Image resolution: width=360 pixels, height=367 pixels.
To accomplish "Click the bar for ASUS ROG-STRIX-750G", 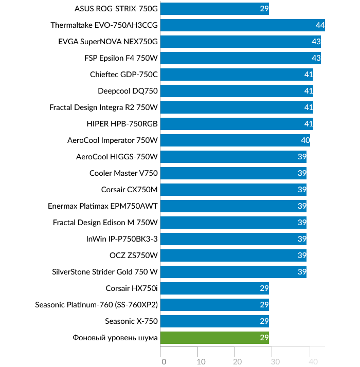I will [x=214, y=9].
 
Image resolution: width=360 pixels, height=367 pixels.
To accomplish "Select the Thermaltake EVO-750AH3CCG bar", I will [x=242, y=25].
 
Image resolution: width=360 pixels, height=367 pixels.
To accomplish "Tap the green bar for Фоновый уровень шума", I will [x=214, y=338].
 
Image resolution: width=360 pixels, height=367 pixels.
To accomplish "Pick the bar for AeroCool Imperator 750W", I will [x=235, y=140].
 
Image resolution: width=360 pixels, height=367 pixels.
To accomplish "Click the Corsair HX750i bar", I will [x=214, y=288].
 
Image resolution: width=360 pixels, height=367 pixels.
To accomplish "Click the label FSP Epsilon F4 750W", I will [x=121, y=58].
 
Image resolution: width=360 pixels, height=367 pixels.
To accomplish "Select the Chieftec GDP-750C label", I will [x=124, y=75].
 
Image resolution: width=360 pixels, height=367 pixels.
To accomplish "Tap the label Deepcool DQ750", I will [x=128, y=91].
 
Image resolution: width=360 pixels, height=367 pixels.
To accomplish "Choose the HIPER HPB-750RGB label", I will [x=122, y=124].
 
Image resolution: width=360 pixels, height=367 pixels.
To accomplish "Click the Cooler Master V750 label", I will [x=123, y=173].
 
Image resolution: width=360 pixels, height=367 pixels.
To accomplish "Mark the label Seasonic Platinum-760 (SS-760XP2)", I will [x=97, y=305].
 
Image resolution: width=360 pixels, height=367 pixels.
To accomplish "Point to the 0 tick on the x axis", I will [x=164, y=361].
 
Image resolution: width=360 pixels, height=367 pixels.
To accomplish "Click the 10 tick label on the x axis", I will [x=201, y=361].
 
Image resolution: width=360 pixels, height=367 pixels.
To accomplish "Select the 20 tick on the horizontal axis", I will [x=238, y=361].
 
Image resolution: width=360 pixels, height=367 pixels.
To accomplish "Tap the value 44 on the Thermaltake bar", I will [x=320, y=25].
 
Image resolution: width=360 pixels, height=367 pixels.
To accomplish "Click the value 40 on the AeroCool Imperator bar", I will [x=305, y=140].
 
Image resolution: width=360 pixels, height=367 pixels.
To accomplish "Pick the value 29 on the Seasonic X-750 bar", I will [x=264, y=321].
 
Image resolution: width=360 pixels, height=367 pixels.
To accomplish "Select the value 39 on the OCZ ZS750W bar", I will [x=302, y=255].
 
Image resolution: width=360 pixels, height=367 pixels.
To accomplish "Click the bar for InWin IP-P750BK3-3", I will [x=233, y=239].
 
